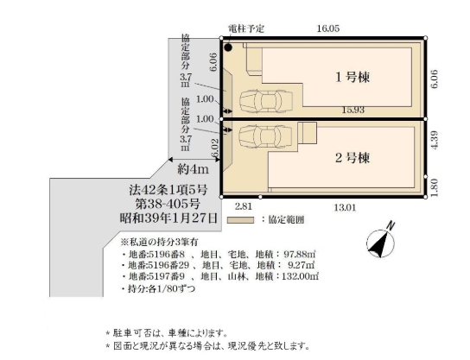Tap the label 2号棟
click(x=352, y=158)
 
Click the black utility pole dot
click(x=228, y=47)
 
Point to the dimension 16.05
click(x=327, y=28)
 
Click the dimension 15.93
click(x=350, y=109)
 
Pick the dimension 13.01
click(x=346, y=207)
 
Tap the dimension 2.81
click(x=243, y=207)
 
